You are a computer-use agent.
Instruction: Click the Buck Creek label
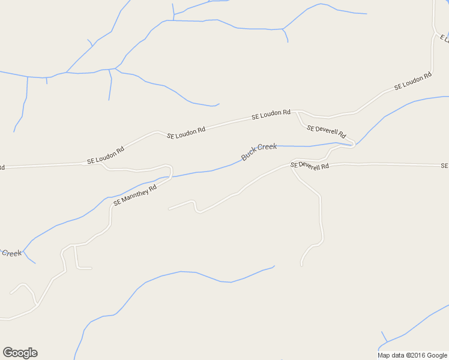tap(259, 152)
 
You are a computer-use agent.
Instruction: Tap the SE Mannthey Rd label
tap(134, 195)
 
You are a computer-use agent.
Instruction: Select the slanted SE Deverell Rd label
tap(326, 131)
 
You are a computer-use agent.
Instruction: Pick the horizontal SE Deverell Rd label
tap(310, 165)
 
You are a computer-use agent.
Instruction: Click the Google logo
tap(20, 353)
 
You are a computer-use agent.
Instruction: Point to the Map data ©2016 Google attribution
tap(412, 355)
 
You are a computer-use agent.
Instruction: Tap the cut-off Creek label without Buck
tap(11, 253)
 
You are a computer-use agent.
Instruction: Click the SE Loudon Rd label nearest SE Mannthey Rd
tap(106, 155)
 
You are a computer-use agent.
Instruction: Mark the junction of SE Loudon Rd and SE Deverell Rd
tap(297, 112)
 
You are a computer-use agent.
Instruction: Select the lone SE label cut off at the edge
tap(444, 166)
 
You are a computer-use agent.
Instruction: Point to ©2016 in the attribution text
tap(413, 355)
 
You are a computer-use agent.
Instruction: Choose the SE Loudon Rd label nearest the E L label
tap(413, 82)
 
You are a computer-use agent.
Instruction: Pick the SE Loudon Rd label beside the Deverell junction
tap(271, 114)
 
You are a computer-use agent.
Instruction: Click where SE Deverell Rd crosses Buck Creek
tap(351, 144)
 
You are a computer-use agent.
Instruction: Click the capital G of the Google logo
tap(8, 353)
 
